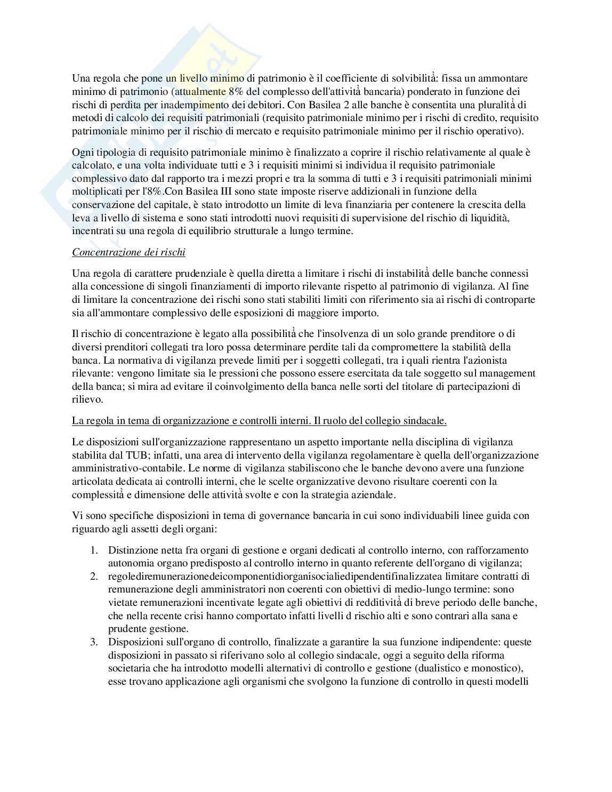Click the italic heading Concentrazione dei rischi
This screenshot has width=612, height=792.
coord(128,252)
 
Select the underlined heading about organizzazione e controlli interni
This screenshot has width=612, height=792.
coord(259,421)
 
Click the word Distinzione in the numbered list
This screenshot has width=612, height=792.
coord(133,550)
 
